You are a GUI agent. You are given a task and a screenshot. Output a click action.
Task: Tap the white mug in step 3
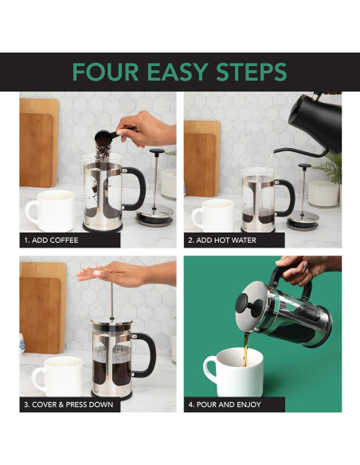56,374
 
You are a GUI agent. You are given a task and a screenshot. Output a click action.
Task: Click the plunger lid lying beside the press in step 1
156,211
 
